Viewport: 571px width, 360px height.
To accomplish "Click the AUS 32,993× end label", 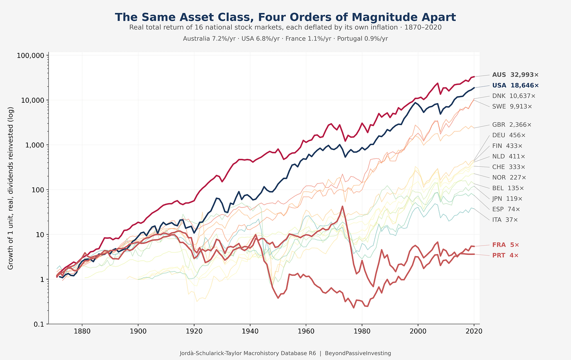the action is pyautogui.click(x=515, y=75).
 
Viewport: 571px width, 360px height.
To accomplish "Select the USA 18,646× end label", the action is pyautogui.click(x=515, y=85).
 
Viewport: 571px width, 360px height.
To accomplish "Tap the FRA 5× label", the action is pyautogui.click(x=506, y=245).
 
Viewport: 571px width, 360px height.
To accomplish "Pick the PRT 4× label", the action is pyautogui.click(x=505, y=255).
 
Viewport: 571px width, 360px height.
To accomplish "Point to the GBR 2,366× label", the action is pyautogui.click(x=512, y=125).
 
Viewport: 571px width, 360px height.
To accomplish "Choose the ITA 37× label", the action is pyautogui.click(x=505, y=220).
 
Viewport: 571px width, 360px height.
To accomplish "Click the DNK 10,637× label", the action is pyautogui.click(x=514, y=96).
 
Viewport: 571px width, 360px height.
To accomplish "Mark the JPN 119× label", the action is pyautogui.click(x=507, y=198).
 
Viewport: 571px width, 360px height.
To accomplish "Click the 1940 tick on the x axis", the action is pyautogui.click(x=250, y=331).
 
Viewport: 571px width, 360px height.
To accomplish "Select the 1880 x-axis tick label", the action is pyautogui.click(x=82, y=331).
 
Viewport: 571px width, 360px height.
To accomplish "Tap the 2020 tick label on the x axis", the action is pyautogui.click(x=474, y=331).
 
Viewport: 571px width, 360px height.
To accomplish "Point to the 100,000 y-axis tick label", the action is pyautogui.click(x=31, y=55).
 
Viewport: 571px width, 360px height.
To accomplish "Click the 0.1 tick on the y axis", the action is pyautogui.click(x=39, y=324).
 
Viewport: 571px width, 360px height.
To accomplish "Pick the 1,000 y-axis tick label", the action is pyautogui.click(x=35, y=145).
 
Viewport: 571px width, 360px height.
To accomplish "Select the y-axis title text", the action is pyautogui.click(x=11, y=188).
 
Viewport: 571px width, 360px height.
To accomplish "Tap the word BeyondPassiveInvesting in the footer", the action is pyautogui.click(x=358, y=353).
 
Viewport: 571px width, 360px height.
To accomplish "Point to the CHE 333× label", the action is pyautogui.click(x=509, y=167).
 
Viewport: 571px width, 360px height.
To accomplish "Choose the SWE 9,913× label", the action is pyautogui.click(x=512, y=106).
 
